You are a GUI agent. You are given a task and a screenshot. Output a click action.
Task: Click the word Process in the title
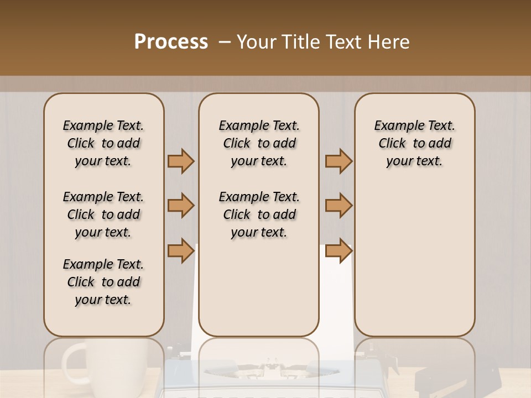coord(171,42)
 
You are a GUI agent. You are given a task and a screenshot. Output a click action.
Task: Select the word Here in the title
coord(388,42)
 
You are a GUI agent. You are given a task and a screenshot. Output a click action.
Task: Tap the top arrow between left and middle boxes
coord(181,161)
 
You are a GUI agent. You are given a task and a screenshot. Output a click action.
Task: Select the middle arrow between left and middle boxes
coord(181,206)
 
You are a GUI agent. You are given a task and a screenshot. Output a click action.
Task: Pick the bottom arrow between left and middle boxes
coord(181,250)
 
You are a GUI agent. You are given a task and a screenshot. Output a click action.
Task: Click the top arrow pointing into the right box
coord(339,161)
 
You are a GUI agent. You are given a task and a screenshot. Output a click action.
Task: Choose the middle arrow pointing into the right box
coord(339,206)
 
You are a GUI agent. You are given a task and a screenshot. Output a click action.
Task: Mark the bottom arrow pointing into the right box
coord(339,250)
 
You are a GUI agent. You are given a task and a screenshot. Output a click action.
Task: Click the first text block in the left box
coord(103,143)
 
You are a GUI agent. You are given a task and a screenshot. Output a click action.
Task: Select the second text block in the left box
coord(103,214)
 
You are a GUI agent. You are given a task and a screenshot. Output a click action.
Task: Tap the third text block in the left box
coord(103,282)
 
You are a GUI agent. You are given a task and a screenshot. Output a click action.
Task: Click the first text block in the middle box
coord(259,143)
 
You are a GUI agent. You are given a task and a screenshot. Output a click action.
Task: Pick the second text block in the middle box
coord(259,214)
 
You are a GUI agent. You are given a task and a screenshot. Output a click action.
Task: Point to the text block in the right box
coord(414,143)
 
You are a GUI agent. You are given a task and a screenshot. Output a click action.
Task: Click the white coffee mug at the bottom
coord(105,368)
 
